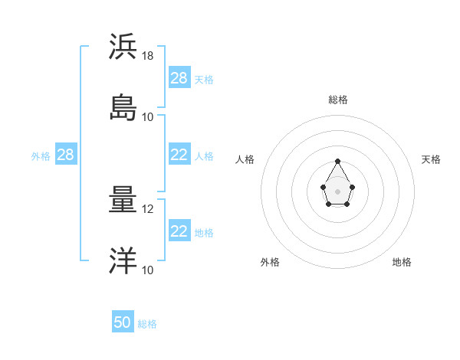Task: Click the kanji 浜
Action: tap(122, 47)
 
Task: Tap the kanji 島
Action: tap(122, 106)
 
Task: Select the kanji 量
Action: tap(122, 200)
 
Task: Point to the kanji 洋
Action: tap(122, 260)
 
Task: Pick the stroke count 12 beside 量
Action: tap(148, 209)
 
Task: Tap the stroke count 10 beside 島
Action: tap(148, 116)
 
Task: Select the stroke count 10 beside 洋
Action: tap(148, 270)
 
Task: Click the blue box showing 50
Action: tap(123, 323)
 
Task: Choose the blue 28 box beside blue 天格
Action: tap(179, 78)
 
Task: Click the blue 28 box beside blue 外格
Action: tap(66, 155)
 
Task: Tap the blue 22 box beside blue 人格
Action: tap(179, 155)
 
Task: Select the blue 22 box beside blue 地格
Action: tap(179, 231)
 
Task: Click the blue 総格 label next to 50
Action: tap(147, 324)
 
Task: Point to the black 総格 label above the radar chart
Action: tap(338, 100)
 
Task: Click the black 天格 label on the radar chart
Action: tap(432, 159)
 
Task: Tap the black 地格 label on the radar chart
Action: tap(402, 262)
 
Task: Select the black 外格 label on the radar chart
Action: tap(270, 262)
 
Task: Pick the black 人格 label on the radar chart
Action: tap(245, 159)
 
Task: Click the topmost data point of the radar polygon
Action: tap(338, 161)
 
